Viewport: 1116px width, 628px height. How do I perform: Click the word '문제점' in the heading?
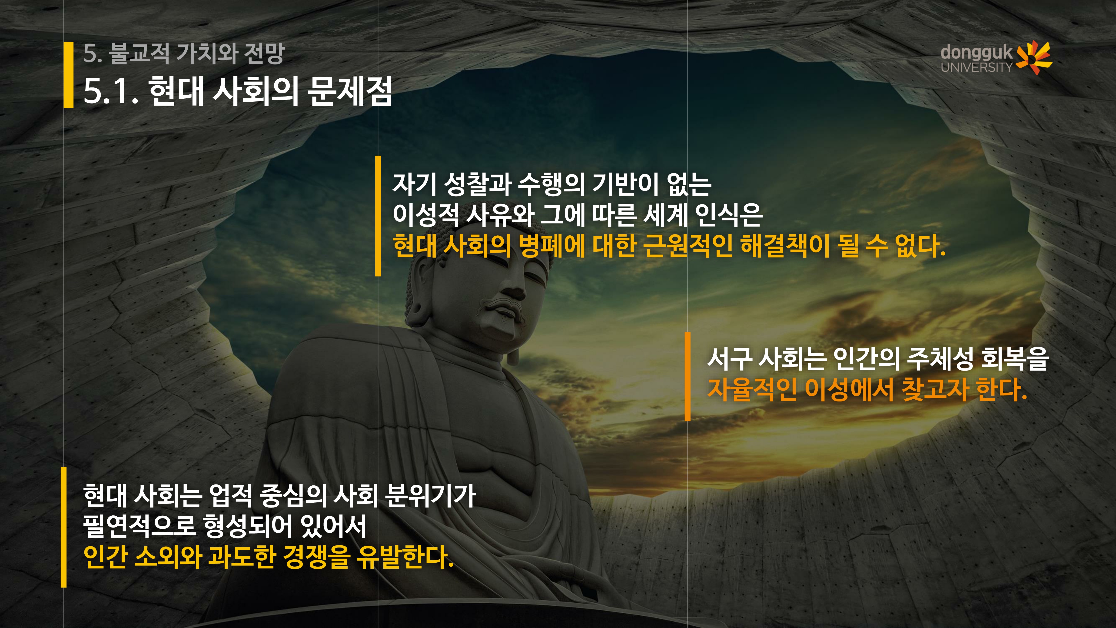(x=350, y=91)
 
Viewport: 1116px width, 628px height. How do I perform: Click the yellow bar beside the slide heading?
(x=68, y=74)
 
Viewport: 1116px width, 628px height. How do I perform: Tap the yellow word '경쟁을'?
(x=316, y=557)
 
